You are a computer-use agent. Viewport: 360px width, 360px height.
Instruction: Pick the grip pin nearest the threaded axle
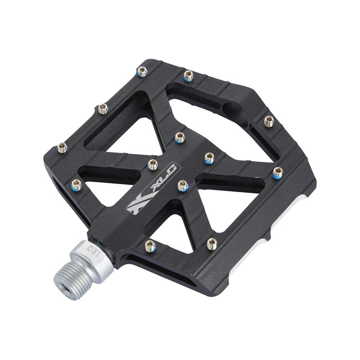150,246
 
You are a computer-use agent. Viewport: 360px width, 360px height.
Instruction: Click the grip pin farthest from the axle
269,121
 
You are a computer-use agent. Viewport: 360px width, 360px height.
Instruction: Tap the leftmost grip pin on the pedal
63,147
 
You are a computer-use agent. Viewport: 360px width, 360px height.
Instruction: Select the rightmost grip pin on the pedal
278,171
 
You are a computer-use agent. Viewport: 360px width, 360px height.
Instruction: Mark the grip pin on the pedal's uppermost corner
142,72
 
